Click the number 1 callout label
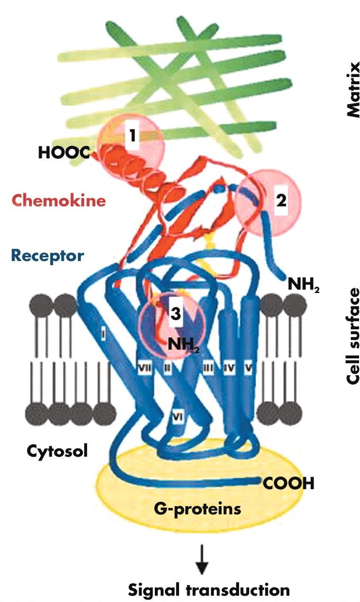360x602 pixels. [133, 136]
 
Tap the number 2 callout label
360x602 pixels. [281, 201]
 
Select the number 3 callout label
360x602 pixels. [175, 314]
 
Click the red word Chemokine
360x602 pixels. [59, 201]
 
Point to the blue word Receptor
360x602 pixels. [47, 256]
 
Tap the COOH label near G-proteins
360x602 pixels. [288, 483]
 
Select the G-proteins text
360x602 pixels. [197, 508]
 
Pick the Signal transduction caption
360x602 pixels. [209, 590]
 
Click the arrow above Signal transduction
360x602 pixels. [202, 560]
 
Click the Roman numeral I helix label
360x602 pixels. [103, 335]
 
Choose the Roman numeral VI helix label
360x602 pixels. [177, 416]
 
